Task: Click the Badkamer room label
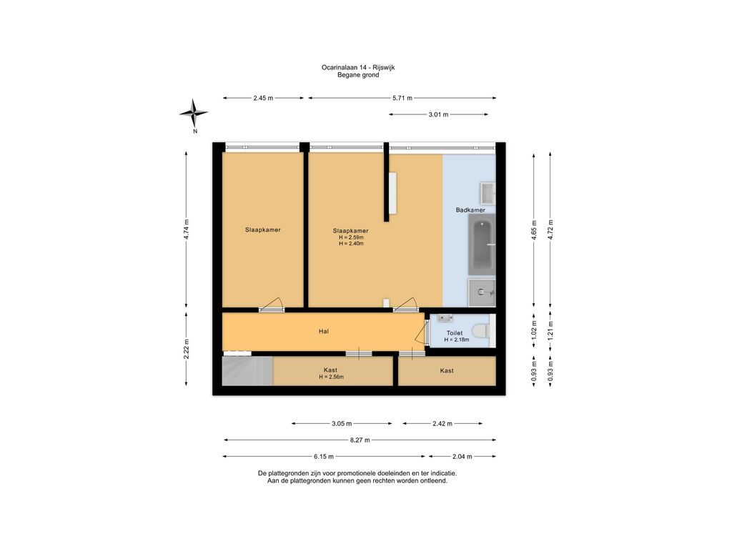click(x=470, y=210)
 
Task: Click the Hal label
click(x=324, y=332)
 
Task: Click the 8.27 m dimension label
click(x=360, y=440)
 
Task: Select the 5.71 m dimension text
click(x=402, y=98)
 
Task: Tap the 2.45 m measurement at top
click(x=263, y=98)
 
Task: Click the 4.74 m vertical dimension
click(x=187, y=229)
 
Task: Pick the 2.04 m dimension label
click(x=463, y=457)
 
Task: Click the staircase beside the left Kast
click(x=247, y=371)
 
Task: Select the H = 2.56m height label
click(x=332, y=377)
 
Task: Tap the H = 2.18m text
click(x=457, y=340)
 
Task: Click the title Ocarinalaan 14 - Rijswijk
click(x=358, y=67)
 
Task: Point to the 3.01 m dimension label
click(x=438, y=114)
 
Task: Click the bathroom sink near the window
click(x=488, y=193)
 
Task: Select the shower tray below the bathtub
click(x=482, y=292)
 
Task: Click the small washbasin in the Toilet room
click(x=445, y=318)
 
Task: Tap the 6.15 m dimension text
click(x=324, y=457)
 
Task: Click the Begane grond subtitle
click(x=358, y=74)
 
